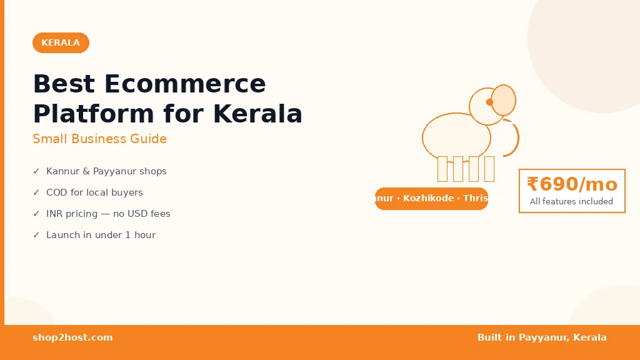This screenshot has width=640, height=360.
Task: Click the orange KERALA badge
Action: click(x=61, y=42)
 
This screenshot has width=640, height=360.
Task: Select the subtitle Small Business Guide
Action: click(x=99, y=139)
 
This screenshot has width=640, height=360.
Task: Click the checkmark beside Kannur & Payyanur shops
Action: click(x=36, y=171)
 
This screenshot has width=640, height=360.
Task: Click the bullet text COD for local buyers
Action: click(x=94, y=192)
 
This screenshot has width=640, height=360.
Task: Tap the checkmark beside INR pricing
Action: click(x=36, y=214)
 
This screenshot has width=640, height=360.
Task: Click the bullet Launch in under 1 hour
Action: click(x=101, y=235)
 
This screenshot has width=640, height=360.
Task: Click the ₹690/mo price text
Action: click(x=572, y=184)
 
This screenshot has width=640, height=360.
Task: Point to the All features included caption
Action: click(x=571, y=202)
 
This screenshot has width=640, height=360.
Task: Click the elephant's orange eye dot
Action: click(x=489, y=102)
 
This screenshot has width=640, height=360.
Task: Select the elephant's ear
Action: click(x=503, y=100)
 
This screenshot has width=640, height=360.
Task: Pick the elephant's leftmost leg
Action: click(x=442, y=169)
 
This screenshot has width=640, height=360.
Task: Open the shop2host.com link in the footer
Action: click(x=72, y=337)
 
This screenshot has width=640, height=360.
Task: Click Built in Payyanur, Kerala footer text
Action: click(x=542, y=337)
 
